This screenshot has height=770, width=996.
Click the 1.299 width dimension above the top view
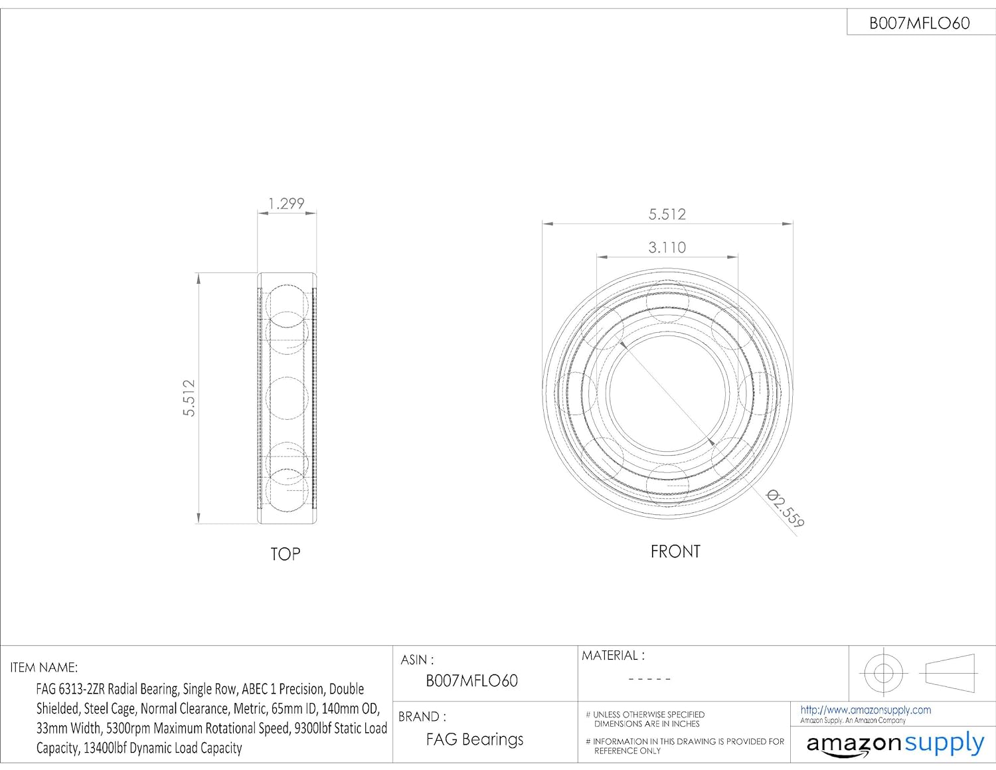pyautogui.click(x=286, y=203)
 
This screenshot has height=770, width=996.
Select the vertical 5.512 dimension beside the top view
pyautogui.click(x=189, y=398)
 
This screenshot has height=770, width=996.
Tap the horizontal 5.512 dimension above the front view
pyautogui.click(x=667, y=214)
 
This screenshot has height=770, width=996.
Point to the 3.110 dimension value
pyautogui.click(x=667, y=248)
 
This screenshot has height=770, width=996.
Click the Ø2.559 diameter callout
pyautogui.click(x=786, y=508)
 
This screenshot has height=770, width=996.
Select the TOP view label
pyautogui.click(x=285, y=555)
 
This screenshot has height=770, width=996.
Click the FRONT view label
pyautogui.click(x=675, y=551)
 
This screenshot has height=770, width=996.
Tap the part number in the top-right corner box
pyautogui.click(x=920, y=23)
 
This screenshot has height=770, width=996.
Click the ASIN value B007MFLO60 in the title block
pyautogui.click(x=471, y=680)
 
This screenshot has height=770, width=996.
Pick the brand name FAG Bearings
pyautogui.click(x=474, y=739)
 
